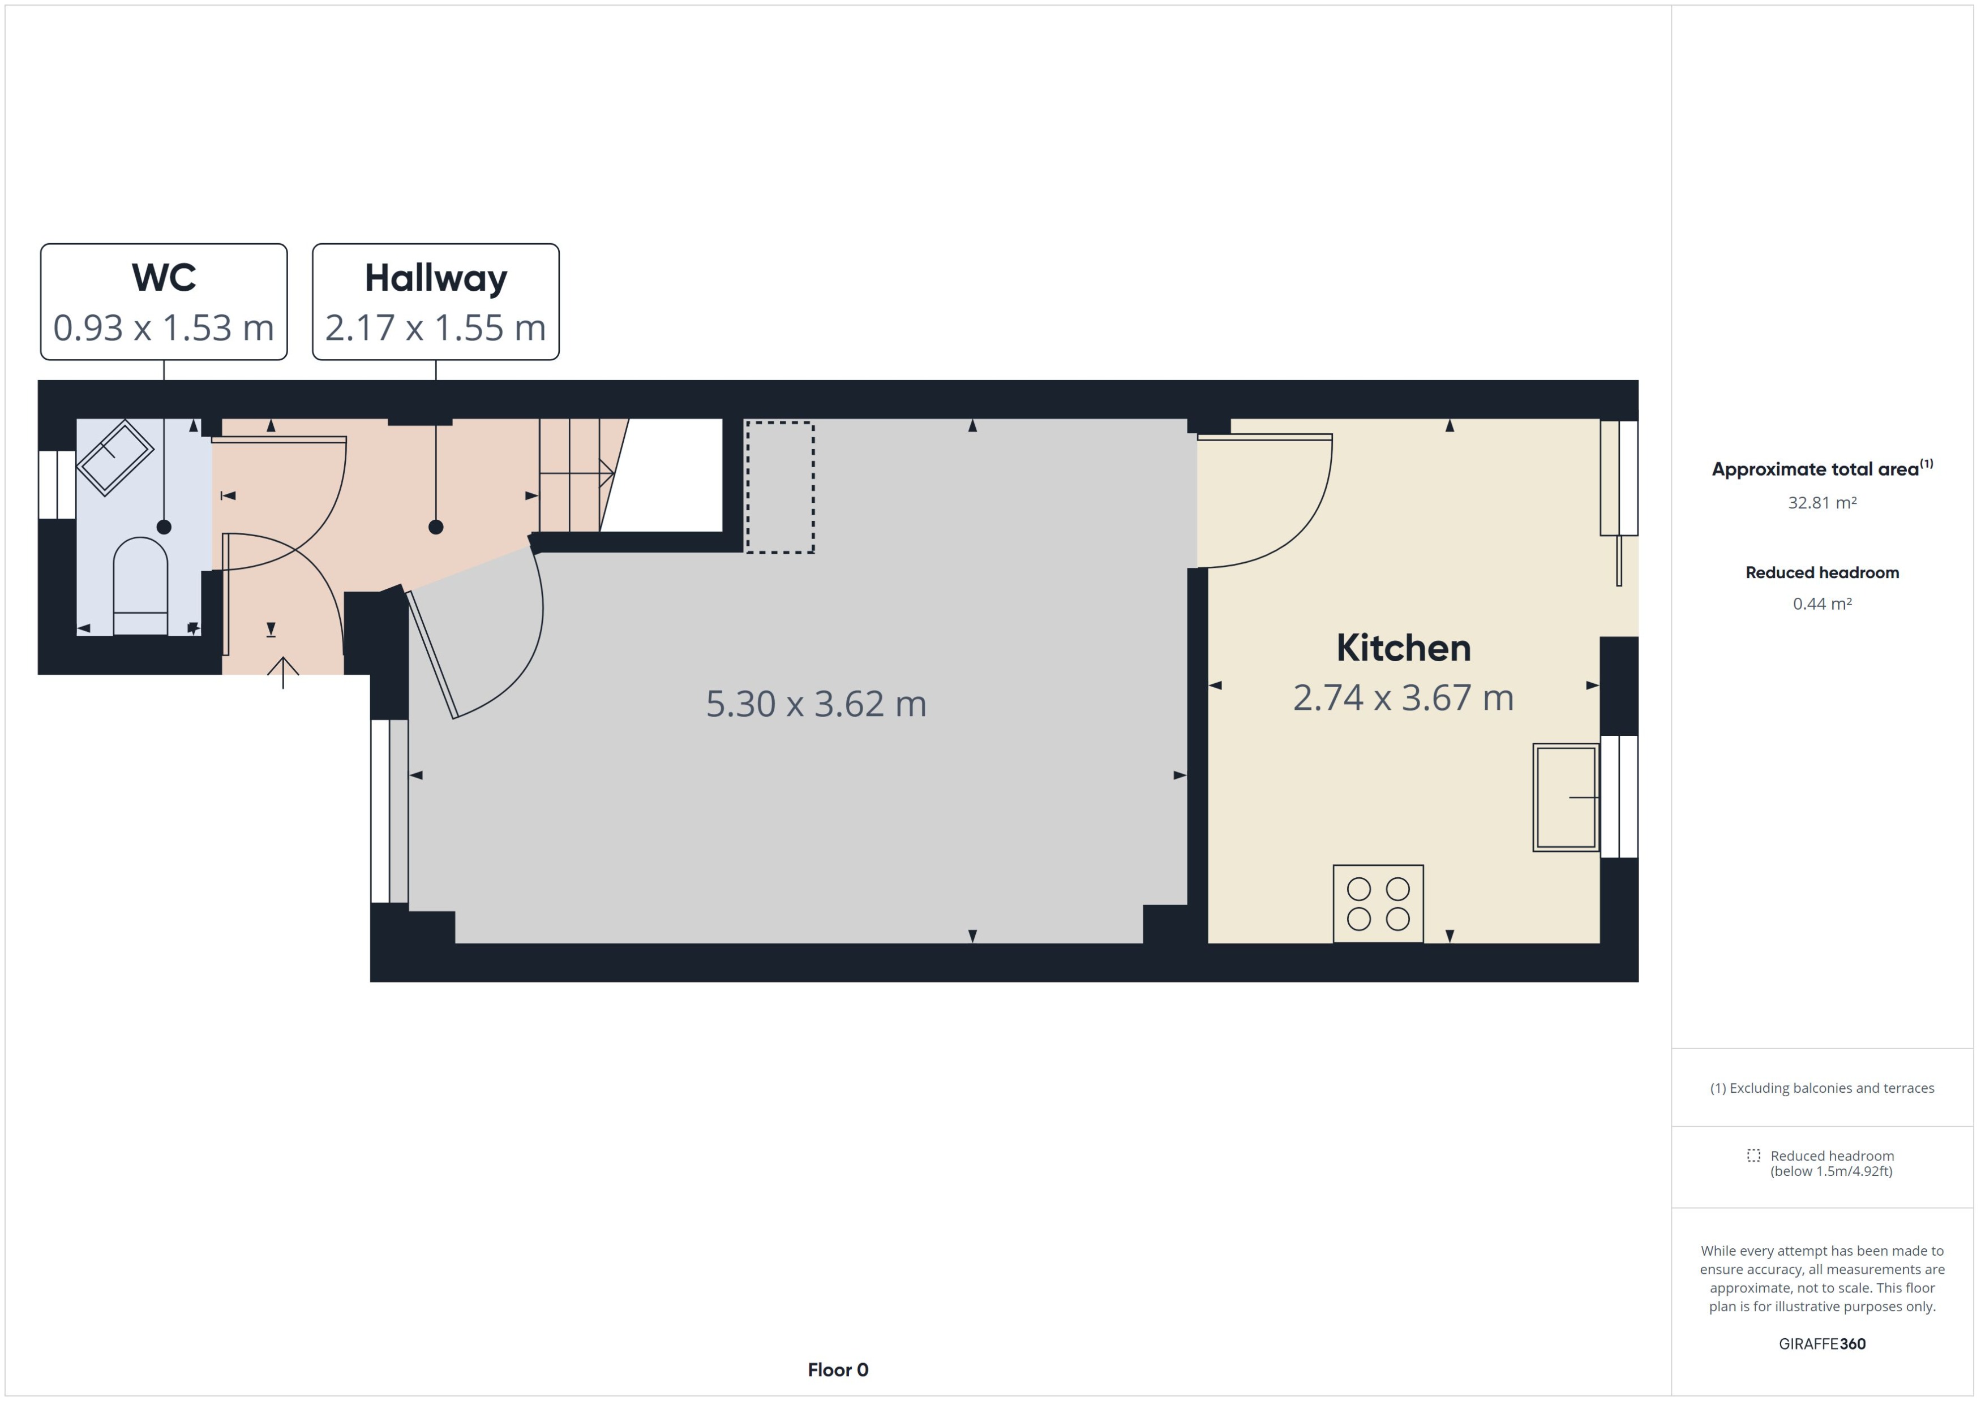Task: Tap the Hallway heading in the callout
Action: pos(435,278)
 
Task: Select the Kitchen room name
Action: pos(1403,648)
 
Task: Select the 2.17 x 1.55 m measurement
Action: pos(435,328)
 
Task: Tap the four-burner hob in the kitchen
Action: pos(1378,903)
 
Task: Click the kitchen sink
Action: pos(1565,797)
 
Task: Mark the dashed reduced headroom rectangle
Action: pos(779,488)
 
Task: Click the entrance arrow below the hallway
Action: pos(282,671)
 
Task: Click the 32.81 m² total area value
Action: pos(1821,503)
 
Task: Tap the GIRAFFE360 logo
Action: pos(1821,1343)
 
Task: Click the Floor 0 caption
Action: pos(837,1369)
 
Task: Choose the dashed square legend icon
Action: pos(1753,1155)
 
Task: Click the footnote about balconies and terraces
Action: pos(1821,1088)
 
